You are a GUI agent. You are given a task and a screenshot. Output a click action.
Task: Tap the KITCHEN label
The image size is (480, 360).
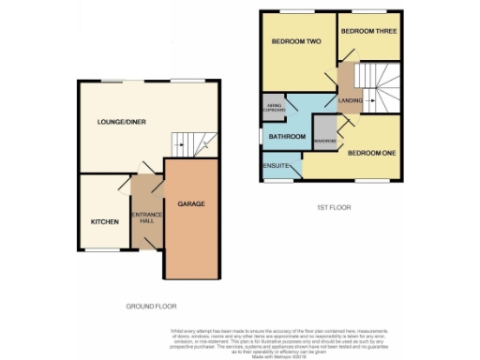coord(103,222)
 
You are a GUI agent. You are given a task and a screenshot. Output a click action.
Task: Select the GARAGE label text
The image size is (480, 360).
coord(191,203)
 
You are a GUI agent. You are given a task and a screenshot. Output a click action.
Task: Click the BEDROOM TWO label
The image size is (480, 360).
coord(296,42)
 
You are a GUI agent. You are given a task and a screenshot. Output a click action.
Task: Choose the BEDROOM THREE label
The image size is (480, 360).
coord(365,31)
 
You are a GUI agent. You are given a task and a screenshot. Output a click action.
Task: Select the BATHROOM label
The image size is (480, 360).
coord(288,137)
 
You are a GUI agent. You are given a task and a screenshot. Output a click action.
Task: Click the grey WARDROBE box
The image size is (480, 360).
coord(324,142)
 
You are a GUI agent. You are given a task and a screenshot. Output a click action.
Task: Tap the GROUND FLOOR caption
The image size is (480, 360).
coord(151,307)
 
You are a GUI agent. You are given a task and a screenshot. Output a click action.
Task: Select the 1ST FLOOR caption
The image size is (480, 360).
coord(333,206)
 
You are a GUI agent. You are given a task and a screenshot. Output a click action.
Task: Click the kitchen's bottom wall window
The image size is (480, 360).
coord(101,251)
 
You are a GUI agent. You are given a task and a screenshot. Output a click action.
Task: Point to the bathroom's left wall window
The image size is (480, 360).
coord(262,137)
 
